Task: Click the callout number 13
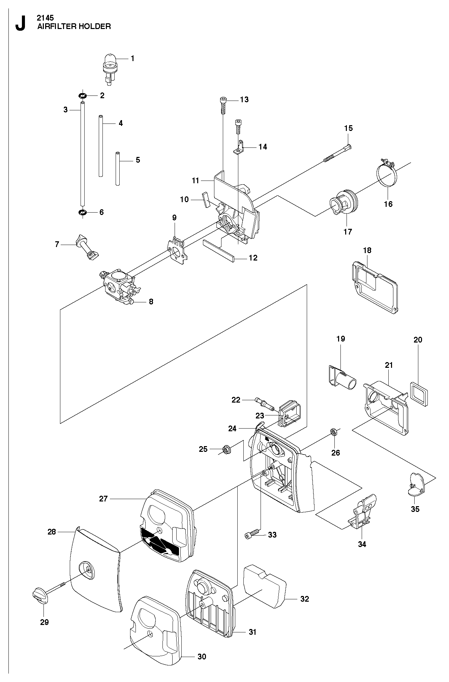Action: tap(244, 99)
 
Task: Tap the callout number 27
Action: tap(103, 498)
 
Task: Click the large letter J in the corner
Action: tap(20, 23)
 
